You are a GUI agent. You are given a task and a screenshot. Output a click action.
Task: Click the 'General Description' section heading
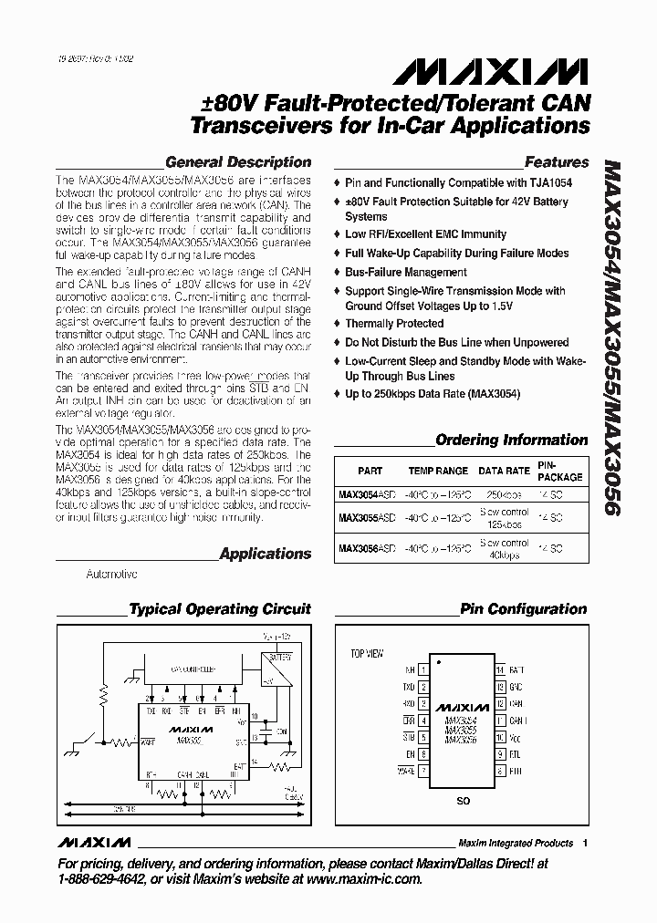(x=237, y=162)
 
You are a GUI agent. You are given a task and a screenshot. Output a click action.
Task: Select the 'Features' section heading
(x=557, y=162)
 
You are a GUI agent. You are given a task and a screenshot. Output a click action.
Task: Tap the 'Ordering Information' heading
(x=512, y=440)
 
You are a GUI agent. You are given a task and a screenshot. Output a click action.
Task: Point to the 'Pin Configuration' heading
(x=523, y=609)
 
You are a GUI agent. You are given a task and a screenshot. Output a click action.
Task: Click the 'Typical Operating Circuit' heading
(x=220, y=609)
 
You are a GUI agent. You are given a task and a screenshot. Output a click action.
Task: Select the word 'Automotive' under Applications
(x=111, y=575)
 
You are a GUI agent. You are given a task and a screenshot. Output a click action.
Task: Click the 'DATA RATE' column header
(x=505, y=472)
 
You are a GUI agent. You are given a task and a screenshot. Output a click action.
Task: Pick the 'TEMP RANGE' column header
(x=438, y=472)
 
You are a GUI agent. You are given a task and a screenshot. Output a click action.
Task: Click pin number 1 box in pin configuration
(x=423, y=669)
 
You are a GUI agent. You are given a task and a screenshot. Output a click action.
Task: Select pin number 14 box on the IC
(x=500, y=669)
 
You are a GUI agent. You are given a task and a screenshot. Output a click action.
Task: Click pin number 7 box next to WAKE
(x=423, y=771)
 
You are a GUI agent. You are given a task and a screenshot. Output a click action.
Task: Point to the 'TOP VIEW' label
(x=367, y=654)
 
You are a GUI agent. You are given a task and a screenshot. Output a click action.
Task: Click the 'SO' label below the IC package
(x=462, y=801)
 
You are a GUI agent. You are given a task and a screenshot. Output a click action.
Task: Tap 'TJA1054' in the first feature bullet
(x=550, y=183)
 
